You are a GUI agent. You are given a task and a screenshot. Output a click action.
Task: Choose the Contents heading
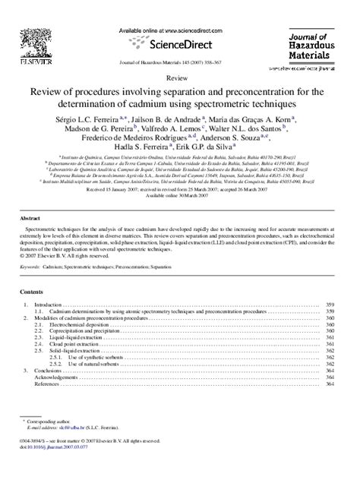[x=31, y=292]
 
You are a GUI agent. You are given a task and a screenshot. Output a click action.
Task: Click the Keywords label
[x=30, y=267]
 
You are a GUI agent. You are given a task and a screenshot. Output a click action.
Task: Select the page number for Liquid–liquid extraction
[x=330, y=337]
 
